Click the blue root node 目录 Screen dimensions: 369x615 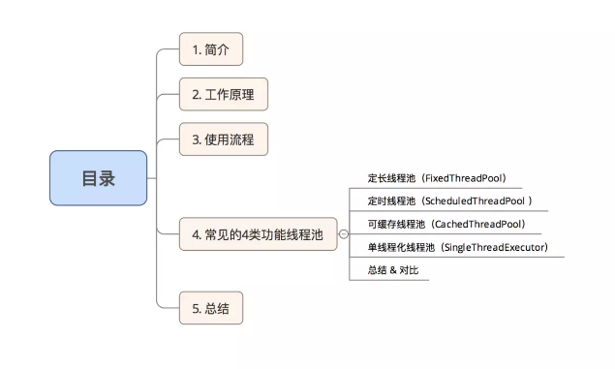point(98,178)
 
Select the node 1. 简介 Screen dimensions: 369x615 point(210,49)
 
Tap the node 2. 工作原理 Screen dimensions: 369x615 point(223,94)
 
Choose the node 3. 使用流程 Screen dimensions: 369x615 point(223,139)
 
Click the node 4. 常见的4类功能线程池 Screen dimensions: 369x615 point(257,233)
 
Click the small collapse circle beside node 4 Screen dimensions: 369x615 point(343,234)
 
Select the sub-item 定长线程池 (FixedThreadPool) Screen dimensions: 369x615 point(437,178)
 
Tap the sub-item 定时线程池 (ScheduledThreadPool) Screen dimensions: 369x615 point(449,200)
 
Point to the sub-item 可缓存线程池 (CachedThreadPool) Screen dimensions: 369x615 point(446,224)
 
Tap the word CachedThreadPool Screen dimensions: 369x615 point(477,224)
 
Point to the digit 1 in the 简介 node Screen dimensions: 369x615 point(194,49)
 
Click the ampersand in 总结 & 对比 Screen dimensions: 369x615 point(393,270)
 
